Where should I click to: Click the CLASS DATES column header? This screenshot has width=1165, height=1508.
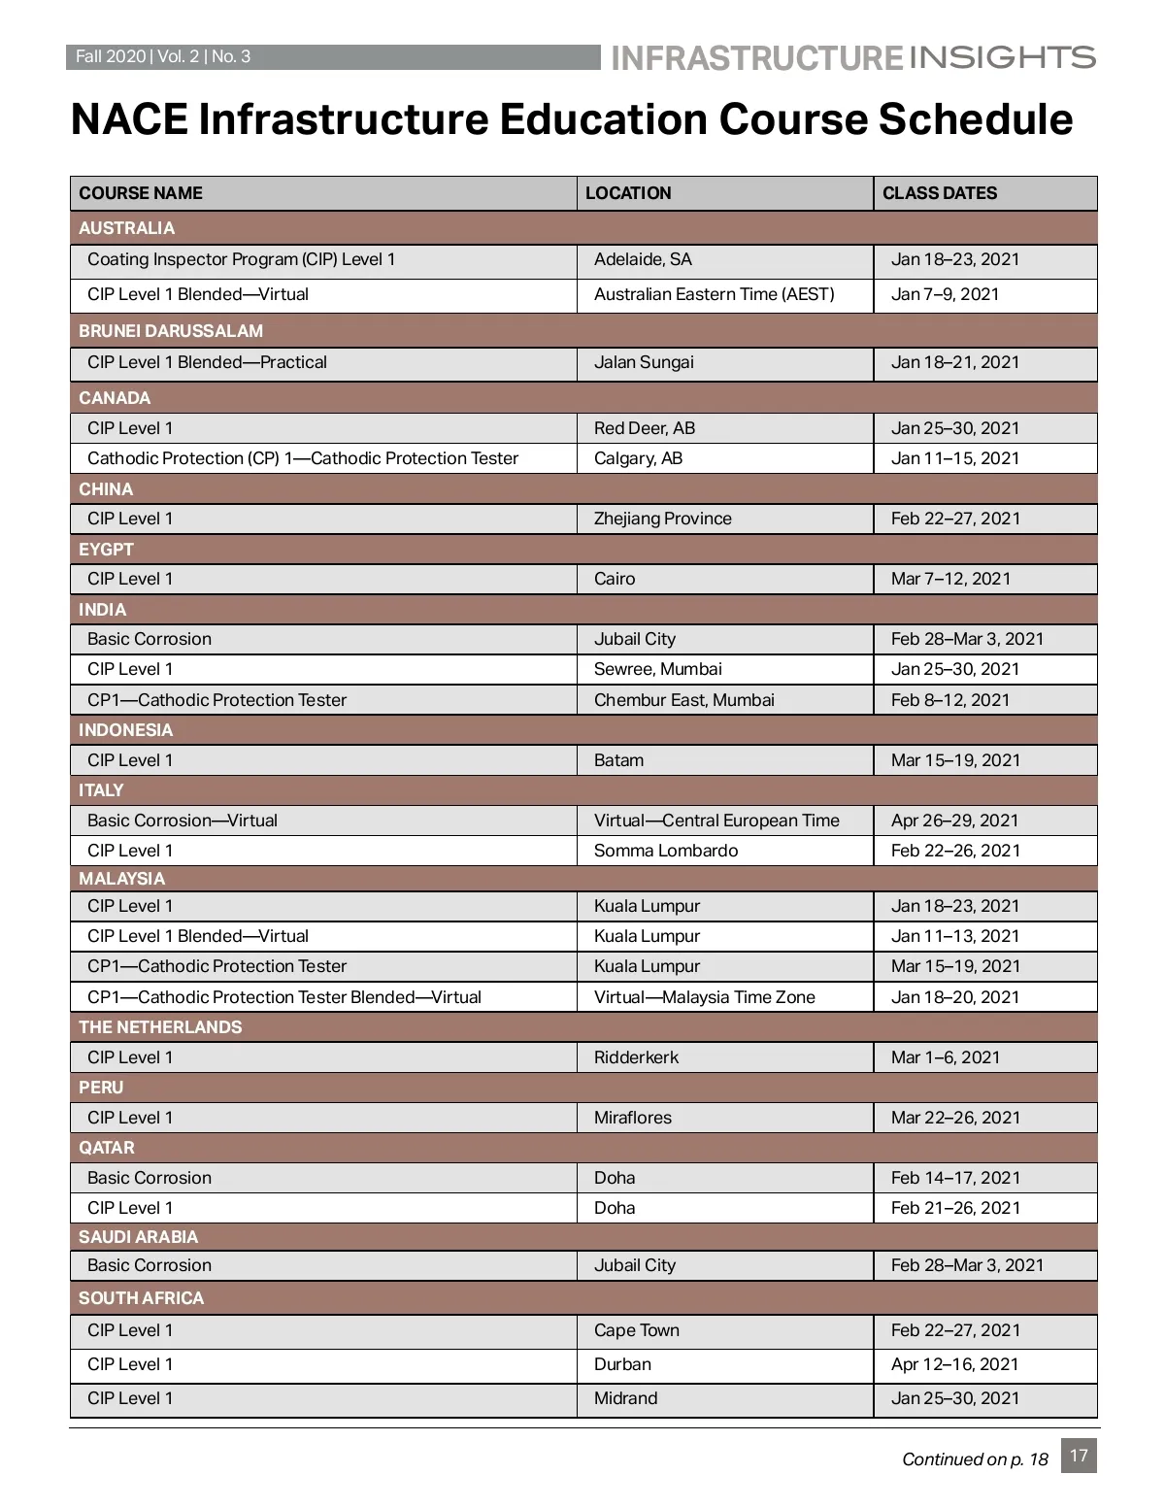click(x=939, y=193)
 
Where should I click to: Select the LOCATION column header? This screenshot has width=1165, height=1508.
click(x=628, y=193)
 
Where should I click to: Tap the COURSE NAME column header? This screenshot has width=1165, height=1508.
click(x=141, y=193)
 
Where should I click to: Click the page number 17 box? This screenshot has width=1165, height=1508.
click(x=1079, y=1456)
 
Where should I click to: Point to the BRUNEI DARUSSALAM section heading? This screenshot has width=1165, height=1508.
click(x=171, y=330)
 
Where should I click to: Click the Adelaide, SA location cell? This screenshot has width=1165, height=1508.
click(x=643, y=259)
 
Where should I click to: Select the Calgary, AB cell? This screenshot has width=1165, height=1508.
click(x=638, y=458)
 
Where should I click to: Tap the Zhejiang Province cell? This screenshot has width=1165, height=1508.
click(x=662, y=519)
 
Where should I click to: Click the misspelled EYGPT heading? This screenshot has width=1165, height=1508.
click(x=106, y=549)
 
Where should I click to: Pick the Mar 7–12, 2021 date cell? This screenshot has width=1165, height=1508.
click(x=950, y=579)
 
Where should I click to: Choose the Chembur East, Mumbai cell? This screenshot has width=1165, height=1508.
click(x=683, y=700)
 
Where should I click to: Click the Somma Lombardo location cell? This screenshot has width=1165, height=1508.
click(x=665, y=851)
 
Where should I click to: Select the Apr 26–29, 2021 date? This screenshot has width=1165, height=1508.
click(x=954, y=821)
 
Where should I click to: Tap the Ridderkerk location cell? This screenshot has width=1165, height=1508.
click(x=636, y=1057)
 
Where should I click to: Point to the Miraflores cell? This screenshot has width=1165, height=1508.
click(x=632, y=1118)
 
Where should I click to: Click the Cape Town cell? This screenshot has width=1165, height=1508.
click(x=636, y=1330)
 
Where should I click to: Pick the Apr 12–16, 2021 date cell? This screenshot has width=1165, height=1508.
click(x=954, y=1364)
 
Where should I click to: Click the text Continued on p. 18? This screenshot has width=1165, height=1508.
click(x=975, y=1459)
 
